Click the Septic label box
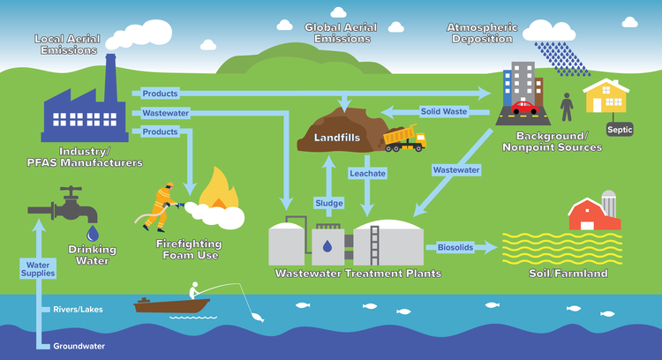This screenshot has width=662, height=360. click(x=620, y=129)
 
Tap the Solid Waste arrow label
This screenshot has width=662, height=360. click(x=442, y=111)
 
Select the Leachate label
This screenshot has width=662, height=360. click(x=367, y=174)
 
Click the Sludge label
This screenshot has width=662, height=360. click(x=328, y=203)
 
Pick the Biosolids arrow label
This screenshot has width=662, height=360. click(x=455, y=248)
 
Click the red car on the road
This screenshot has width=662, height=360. click(x=523, y=108)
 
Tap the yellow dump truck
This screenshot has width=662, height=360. click(x=405, y=138)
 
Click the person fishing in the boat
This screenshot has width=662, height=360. click(x=194, y=291)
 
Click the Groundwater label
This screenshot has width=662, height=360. click(x=79, y=346)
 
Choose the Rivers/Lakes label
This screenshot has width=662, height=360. click(x=78, y=309)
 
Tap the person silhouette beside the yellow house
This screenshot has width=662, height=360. click(x=566, y=108)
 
